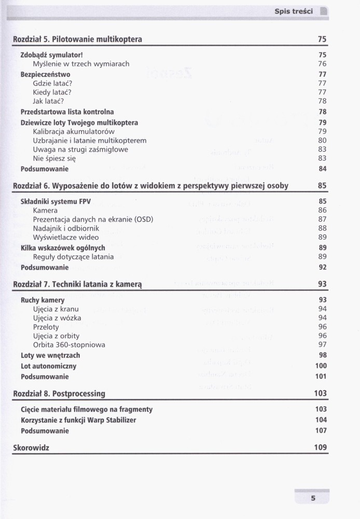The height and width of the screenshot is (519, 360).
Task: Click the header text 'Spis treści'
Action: point(293,11)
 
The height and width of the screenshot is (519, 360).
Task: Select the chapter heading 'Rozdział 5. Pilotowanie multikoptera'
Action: point(77,39)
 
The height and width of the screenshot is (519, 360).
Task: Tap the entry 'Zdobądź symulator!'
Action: point(52,54)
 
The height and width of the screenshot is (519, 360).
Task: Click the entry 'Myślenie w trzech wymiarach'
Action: point(81,64)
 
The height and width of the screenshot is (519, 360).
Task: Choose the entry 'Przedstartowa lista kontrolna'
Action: point(67,112)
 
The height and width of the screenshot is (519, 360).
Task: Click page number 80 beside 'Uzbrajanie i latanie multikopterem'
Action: point(322,140)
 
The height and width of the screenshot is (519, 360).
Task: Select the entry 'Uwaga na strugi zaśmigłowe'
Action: point(80,149)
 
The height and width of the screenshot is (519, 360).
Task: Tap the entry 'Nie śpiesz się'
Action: point(54,159)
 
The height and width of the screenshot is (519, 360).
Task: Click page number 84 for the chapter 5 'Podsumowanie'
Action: point(322,169)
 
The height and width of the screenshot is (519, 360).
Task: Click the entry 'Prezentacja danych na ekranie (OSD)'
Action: point(93,220)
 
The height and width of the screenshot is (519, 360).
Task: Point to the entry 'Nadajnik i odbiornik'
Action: point(66,228)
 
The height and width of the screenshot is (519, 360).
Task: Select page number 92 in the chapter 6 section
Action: point(322,268)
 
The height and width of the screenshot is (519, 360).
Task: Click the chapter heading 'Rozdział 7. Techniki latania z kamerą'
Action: point(78,284)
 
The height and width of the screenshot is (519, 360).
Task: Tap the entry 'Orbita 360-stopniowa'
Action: point(69,345)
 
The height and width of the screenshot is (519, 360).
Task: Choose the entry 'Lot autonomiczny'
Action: point(49,366)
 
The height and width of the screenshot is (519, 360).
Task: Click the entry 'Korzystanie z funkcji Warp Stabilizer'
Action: point(78,420)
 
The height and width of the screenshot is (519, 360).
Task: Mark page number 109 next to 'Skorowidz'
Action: point(320,447)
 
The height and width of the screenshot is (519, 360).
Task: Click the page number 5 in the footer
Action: point(313,499)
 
